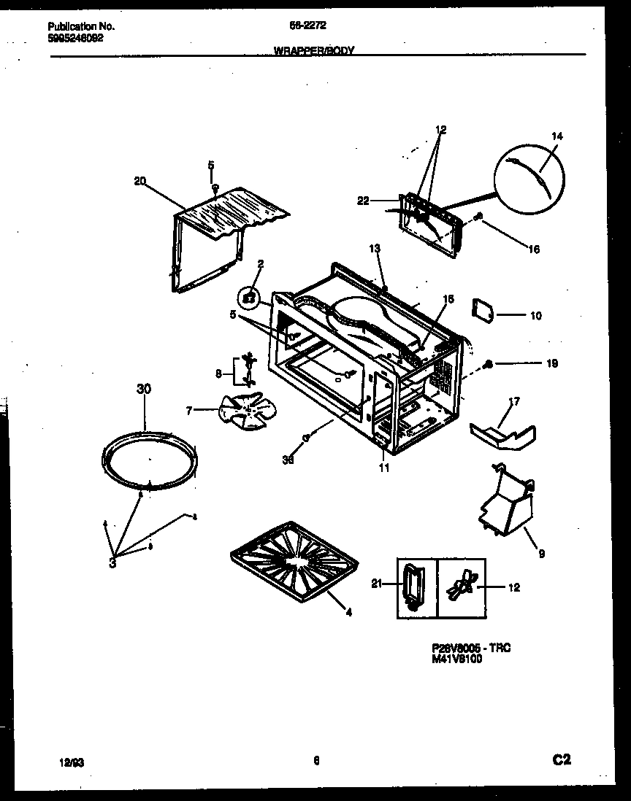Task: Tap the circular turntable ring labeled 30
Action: tap(149, 460)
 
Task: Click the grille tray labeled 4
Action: tap(295, 557)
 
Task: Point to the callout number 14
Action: tap(558, 136)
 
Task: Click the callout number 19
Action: tap(553, 363)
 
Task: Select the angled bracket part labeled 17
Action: tap(502, 436)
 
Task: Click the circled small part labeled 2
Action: tap(249, 297)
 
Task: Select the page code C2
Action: tap(560, 760)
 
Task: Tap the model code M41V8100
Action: tap(457, 657)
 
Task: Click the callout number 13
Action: tap(375, 249)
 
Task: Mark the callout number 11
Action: tap(383, 468)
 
